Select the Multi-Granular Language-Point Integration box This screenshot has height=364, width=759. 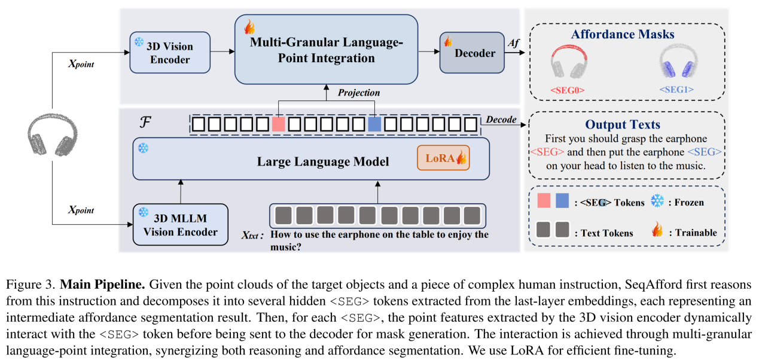coord(325,49)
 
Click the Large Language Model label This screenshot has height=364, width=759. coord(322,161)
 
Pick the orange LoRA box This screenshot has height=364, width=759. coord(443,158)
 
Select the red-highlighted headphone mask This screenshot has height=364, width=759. coord(566,65)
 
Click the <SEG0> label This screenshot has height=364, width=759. coord(566,90)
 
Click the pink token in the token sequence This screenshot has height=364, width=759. coord(278,124)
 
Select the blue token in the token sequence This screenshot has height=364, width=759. coord(374,124)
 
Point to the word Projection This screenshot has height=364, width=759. coord(359,93)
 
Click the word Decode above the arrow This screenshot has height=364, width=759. coord(501,119)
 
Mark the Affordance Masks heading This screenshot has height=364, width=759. coord(623,34)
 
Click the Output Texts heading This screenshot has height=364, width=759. coord(623,124)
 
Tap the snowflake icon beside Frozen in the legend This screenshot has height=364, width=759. coord(657,201)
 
